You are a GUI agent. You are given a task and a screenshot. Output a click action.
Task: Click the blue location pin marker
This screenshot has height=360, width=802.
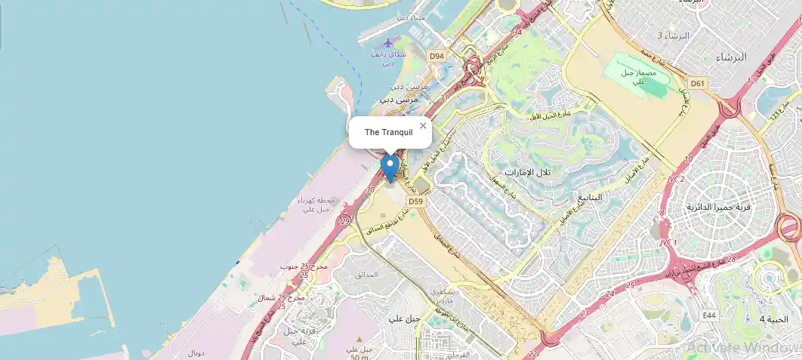(x=390, y=167)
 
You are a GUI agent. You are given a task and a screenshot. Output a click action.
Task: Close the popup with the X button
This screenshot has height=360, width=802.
(x=423, y=126)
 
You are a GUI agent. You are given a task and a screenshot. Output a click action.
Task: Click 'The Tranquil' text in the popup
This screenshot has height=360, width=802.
(x=388, y=132)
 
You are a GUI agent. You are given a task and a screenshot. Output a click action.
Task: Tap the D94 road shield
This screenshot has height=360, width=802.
(x=436, y=56)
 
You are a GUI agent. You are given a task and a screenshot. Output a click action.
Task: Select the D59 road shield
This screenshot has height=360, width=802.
(x=415, y=202)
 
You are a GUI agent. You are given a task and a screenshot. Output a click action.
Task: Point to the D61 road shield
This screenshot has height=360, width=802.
(x=697, y=83)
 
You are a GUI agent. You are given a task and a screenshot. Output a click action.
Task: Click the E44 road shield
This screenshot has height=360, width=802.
(x=708, y=315)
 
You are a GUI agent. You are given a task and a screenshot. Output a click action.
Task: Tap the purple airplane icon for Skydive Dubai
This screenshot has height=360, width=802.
(x=388, y=43)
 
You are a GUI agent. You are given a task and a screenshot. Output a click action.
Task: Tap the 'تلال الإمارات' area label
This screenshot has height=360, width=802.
(x=529, y=172)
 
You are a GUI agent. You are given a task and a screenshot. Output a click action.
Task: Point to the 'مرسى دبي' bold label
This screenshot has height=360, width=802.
(x=397, y=99)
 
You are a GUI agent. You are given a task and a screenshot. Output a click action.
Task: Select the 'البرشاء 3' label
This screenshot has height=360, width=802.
(x=674, y=35)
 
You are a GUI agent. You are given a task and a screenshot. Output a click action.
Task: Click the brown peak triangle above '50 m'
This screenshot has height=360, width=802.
(x=359, y=340)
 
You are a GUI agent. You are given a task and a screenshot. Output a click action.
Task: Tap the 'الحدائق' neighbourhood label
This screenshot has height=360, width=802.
(x=366, y=275)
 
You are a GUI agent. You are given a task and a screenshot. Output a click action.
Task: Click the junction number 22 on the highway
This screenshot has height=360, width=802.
(x=534, y=353)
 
